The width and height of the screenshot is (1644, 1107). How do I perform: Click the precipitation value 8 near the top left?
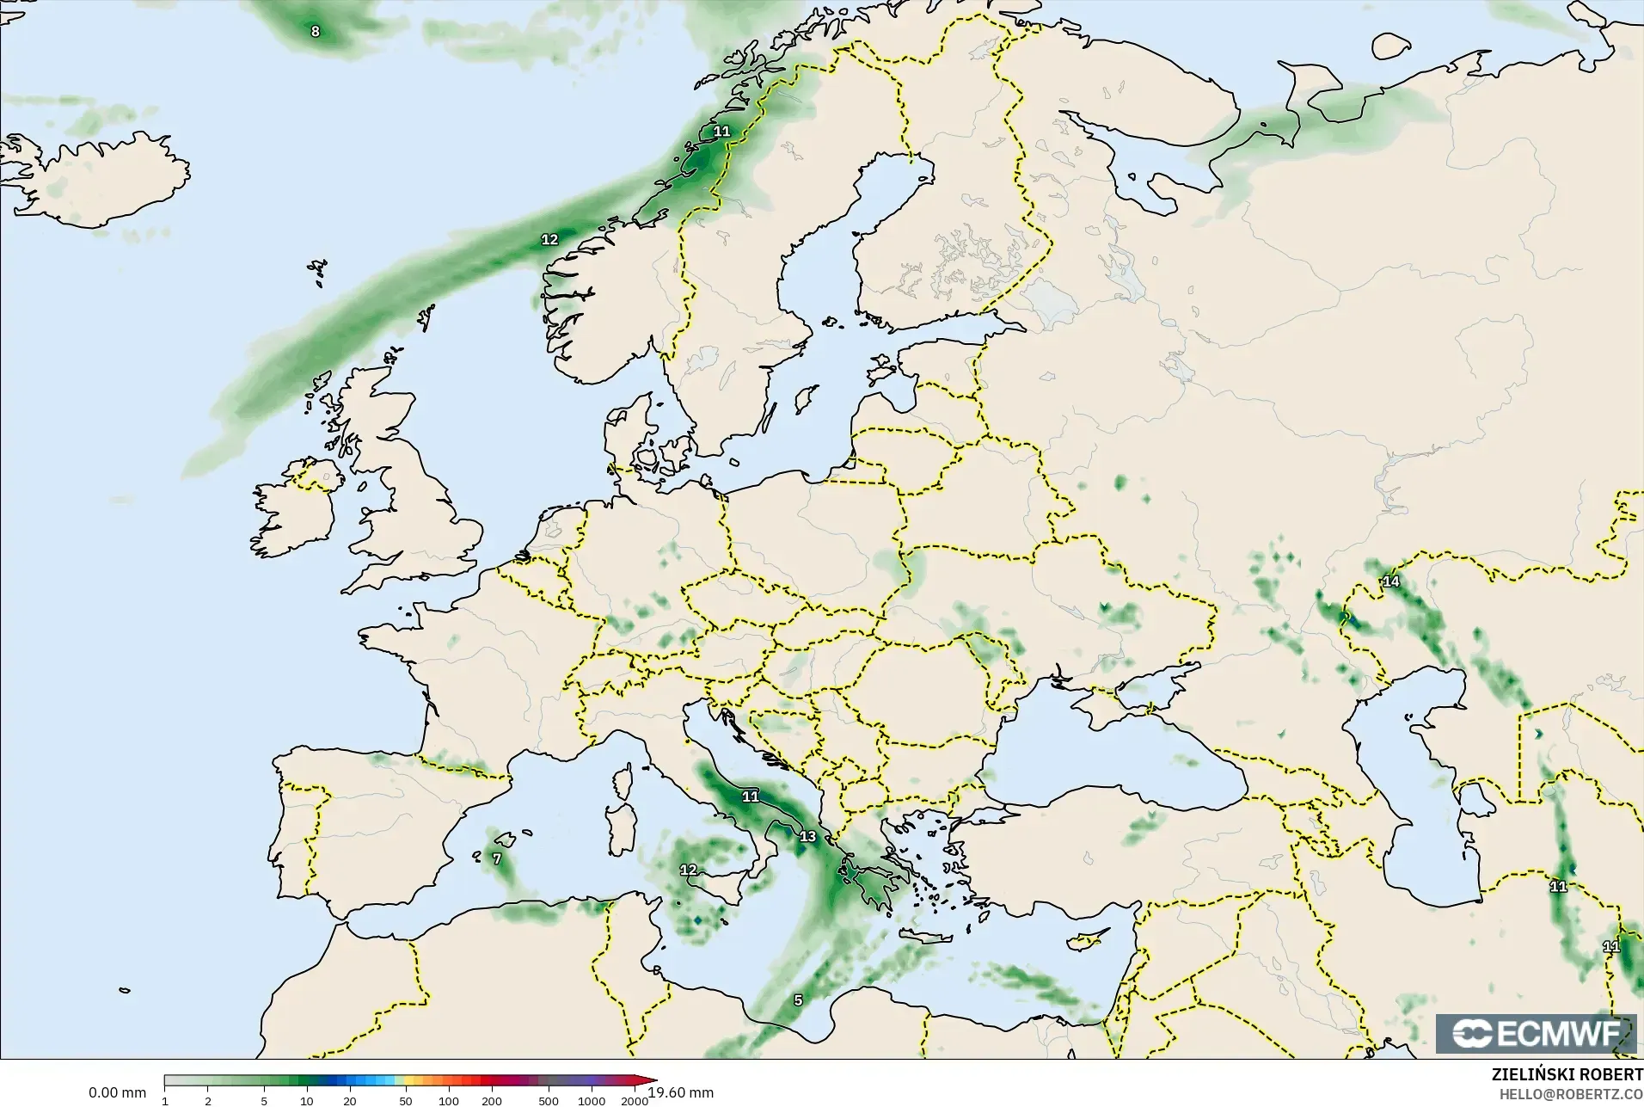pyautogui.click(x=315, y=32)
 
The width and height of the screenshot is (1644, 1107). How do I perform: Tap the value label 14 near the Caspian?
pyautogui.click(x=1390, y=581)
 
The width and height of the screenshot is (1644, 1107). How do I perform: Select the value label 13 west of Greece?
pyautogui.click(x=807, y=836)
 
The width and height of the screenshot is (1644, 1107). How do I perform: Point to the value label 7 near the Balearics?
pyautogui.click(x=497, y=858)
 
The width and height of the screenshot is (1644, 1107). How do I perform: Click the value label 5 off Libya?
pyautogui.click(x=798, y=999)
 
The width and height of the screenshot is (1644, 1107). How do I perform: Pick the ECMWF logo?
pyautogui.click(x=1536, y=1034)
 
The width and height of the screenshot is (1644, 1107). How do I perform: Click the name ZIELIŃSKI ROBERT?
pyautogui.click(x=1567, y=1075)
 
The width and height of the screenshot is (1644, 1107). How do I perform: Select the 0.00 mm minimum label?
pyautogui.click(x=117, y=1092)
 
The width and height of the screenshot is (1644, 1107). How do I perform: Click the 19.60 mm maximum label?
pyautogui.click(x=681, y=1092)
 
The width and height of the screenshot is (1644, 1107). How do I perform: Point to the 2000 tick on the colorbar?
pyautogui.click(x=635, y=1101)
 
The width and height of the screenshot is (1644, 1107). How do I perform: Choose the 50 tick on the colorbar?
pyautogui.click(x=405, y=1101)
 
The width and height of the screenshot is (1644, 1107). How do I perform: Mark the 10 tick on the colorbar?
pyautogui.click(x=306, y=1101)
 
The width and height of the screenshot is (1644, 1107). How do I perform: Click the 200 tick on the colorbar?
pyautogui.click(x=492, y=1101)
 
